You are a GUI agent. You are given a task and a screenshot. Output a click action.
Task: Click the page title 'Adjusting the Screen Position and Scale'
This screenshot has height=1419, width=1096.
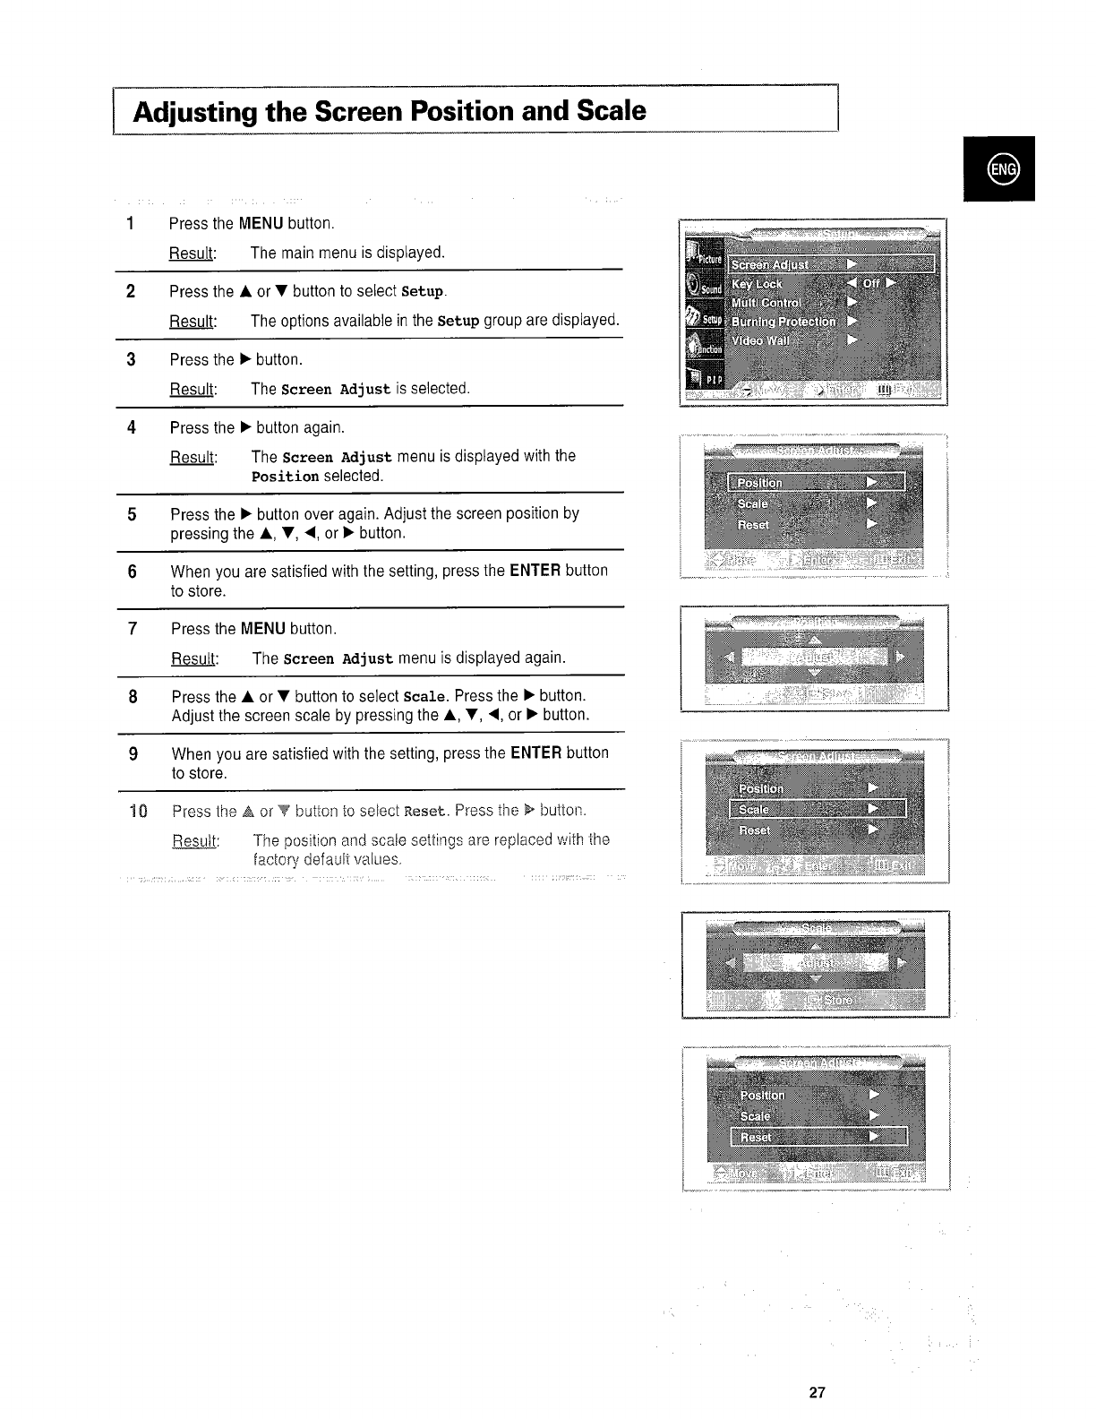point(389,112)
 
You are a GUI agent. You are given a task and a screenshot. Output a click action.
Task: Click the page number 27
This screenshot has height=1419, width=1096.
point(816,1392)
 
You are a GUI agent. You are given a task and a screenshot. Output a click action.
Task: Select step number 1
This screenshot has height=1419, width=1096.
point(131,223)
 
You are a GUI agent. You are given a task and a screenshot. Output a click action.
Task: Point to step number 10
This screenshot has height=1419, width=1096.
point(137,812)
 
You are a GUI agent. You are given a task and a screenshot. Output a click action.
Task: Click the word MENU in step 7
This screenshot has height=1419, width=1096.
point(263,629)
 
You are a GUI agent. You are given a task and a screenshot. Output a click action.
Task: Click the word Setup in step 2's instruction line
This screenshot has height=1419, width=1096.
point(423,292)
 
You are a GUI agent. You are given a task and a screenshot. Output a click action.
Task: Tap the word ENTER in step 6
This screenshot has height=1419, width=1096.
point(535,571)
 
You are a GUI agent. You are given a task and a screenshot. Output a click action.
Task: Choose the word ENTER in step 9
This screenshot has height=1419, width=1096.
point(535,753)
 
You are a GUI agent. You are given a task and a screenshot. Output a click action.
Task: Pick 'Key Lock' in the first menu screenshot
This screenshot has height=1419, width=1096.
point(757,284)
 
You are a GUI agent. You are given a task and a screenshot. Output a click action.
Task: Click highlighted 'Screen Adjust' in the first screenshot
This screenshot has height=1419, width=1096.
point(770,264)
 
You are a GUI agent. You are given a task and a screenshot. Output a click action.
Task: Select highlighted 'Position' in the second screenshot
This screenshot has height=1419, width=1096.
point(759,483)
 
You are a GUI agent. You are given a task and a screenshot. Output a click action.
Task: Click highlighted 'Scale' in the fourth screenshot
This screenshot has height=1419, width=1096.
point(753,809)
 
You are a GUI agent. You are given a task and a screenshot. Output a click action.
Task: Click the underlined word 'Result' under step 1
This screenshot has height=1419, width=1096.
point(191,254)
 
